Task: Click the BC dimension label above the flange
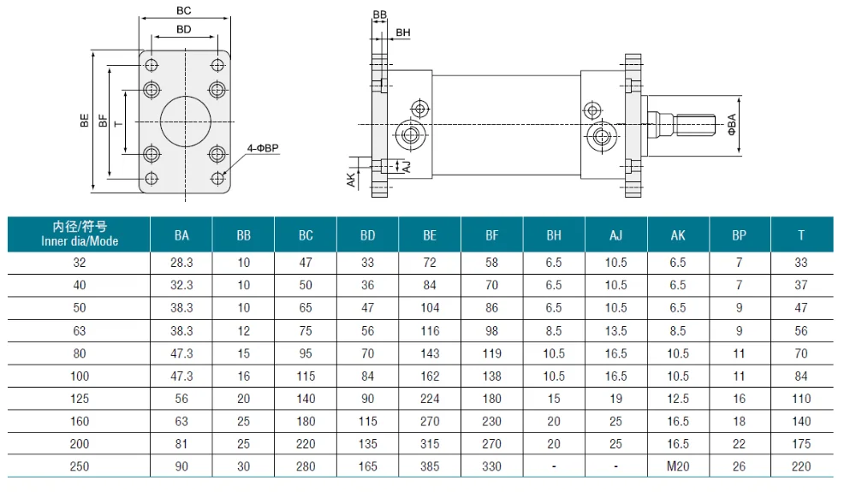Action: tap(184, 10)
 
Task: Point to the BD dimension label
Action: tap(184, 29)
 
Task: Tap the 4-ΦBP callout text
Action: tap(263, 148)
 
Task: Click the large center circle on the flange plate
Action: tap(186, 122)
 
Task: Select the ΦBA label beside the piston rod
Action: tap(732, 124)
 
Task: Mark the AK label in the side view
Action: tap(351, 180)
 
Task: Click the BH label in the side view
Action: tap(403, 33)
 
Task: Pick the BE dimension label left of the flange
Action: tap(84, 121)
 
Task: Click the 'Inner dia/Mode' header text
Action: tap(80, 241)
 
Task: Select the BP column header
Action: tap(740, 235)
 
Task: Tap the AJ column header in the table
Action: tap(615, 235)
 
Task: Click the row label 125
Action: tap(80, 399)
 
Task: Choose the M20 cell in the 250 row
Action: tap(678, 466)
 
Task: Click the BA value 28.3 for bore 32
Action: tap(181, 263)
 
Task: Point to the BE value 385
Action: tap(430, 466)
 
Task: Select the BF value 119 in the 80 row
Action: tap(492, 353)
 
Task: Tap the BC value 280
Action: tap(306, 466)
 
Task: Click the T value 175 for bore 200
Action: tap(801, 444)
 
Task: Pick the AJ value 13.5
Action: tap(615, 330)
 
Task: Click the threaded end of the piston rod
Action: tap(694, 125)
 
